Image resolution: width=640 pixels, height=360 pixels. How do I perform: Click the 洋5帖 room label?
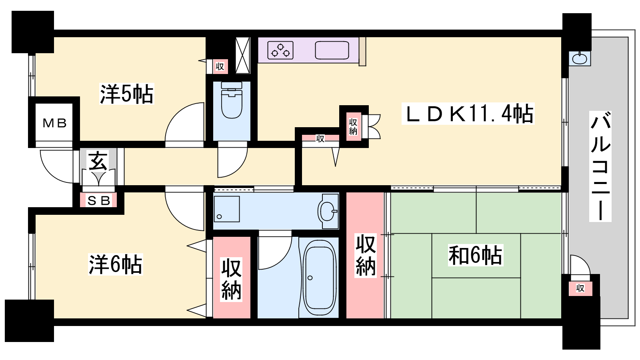click(x=126, y=94)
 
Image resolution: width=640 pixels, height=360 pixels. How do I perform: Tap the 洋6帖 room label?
click(x=115, y=264)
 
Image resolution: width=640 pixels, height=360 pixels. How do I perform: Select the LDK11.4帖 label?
click(x=468, y=114)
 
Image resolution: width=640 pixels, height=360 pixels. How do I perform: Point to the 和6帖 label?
click(x=475, y=255)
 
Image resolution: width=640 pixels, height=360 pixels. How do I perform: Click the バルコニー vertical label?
click(x=600, y=166)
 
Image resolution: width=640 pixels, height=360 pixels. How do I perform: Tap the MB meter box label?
click(x=54, y=123)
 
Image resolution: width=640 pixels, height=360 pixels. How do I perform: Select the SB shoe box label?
click(x=98, y=201)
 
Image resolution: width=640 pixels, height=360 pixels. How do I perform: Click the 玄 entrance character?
click(x=98, y=160)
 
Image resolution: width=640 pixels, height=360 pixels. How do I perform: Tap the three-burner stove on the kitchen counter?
click(x=280, y=50)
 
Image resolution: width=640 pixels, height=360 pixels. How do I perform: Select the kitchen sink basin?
click(x=332, y=50)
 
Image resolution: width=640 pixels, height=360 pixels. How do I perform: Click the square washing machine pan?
click(x=226, y=209)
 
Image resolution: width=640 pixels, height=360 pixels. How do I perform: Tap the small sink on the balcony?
click(x=580, y=58)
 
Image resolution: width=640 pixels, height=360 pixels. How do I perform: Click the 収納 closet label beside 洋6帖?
click(x=232, y=279)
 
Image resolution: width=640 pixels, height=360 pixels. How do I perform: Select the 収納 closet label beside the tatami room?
click(x=366, y=255)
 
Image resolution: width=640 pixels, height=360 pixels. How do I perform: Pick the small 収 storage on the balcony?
click(x=580, y=288)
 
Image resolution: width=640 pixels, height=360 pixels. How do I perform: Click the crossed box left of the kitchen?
click(x=242, y=56)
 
